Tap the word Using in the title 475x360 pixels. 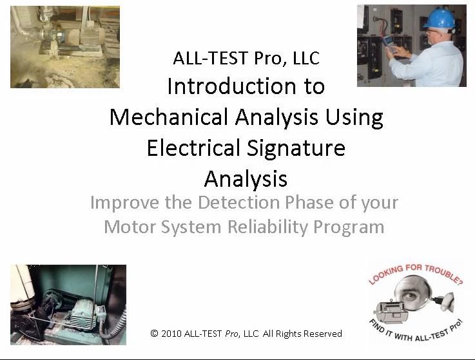354,117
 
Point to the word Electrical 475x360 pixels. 193,148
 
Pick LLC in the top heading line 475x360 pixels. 303,58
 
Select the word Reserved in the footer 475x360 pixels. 321,334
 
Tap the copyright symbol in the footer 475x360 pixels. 154,334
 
